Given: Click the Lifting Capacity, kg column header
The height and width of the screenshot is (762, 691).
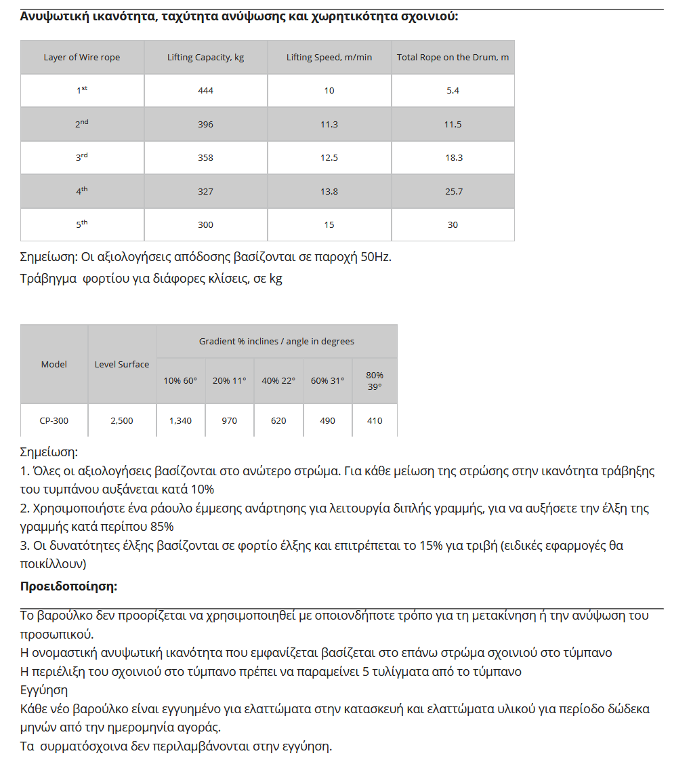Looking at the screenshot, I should (205, 58).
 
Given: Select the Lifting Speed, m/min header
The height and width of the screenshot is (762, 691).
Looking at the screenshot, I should (329, 58).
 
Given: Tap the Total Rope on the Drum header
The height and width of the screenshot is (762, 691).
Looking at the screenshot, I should (453, 58).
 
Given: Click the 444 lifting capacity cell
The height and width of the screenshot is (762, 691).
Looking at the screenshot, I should (205, 91).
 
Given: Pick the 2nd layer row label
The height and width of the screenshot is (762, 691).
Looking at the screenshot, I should (82, 124).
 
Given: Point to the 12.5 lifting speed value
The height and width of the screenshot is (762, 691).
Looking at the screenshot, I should (329, 158).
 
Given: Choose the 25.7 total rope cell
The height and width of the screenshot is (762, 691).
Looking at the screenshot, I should (453, 192).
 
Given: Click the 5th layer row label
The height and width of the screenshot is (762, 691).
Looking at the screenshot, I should (82, 224).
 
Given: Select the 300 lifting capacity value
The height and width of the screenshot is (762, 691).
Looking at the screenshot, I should (205, 225).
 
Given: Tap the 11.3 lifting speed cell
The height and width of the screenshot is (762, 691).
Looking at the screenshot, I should (329, 125).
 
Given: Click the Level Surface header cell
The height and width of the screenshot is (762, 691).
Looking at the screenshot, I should (122, 364).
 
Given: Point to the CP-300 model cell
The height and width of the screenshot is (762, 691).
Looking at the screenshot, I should (54, 421).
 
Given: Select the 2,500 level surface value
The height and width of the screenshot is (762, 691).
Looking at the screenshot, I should (122, 421).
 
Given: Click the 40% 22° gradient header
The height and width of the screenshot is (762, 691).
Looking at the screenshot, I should (278, 381).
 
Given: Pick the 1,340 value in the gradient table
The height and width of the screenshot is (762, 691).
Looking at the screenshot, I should (180, 421).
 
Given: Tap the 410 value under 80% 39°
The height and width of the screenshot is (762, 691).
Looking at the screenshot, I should (375, 421).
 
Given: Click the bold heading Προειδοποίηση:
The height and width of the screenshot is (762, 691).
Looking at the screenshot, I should (68, 586).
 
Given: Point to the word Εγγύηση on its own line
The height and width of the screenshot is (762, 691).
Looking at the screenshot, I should (44, 690).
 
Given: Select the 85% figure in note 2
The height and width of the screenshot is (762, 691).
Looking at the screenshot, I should (160, 527).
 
